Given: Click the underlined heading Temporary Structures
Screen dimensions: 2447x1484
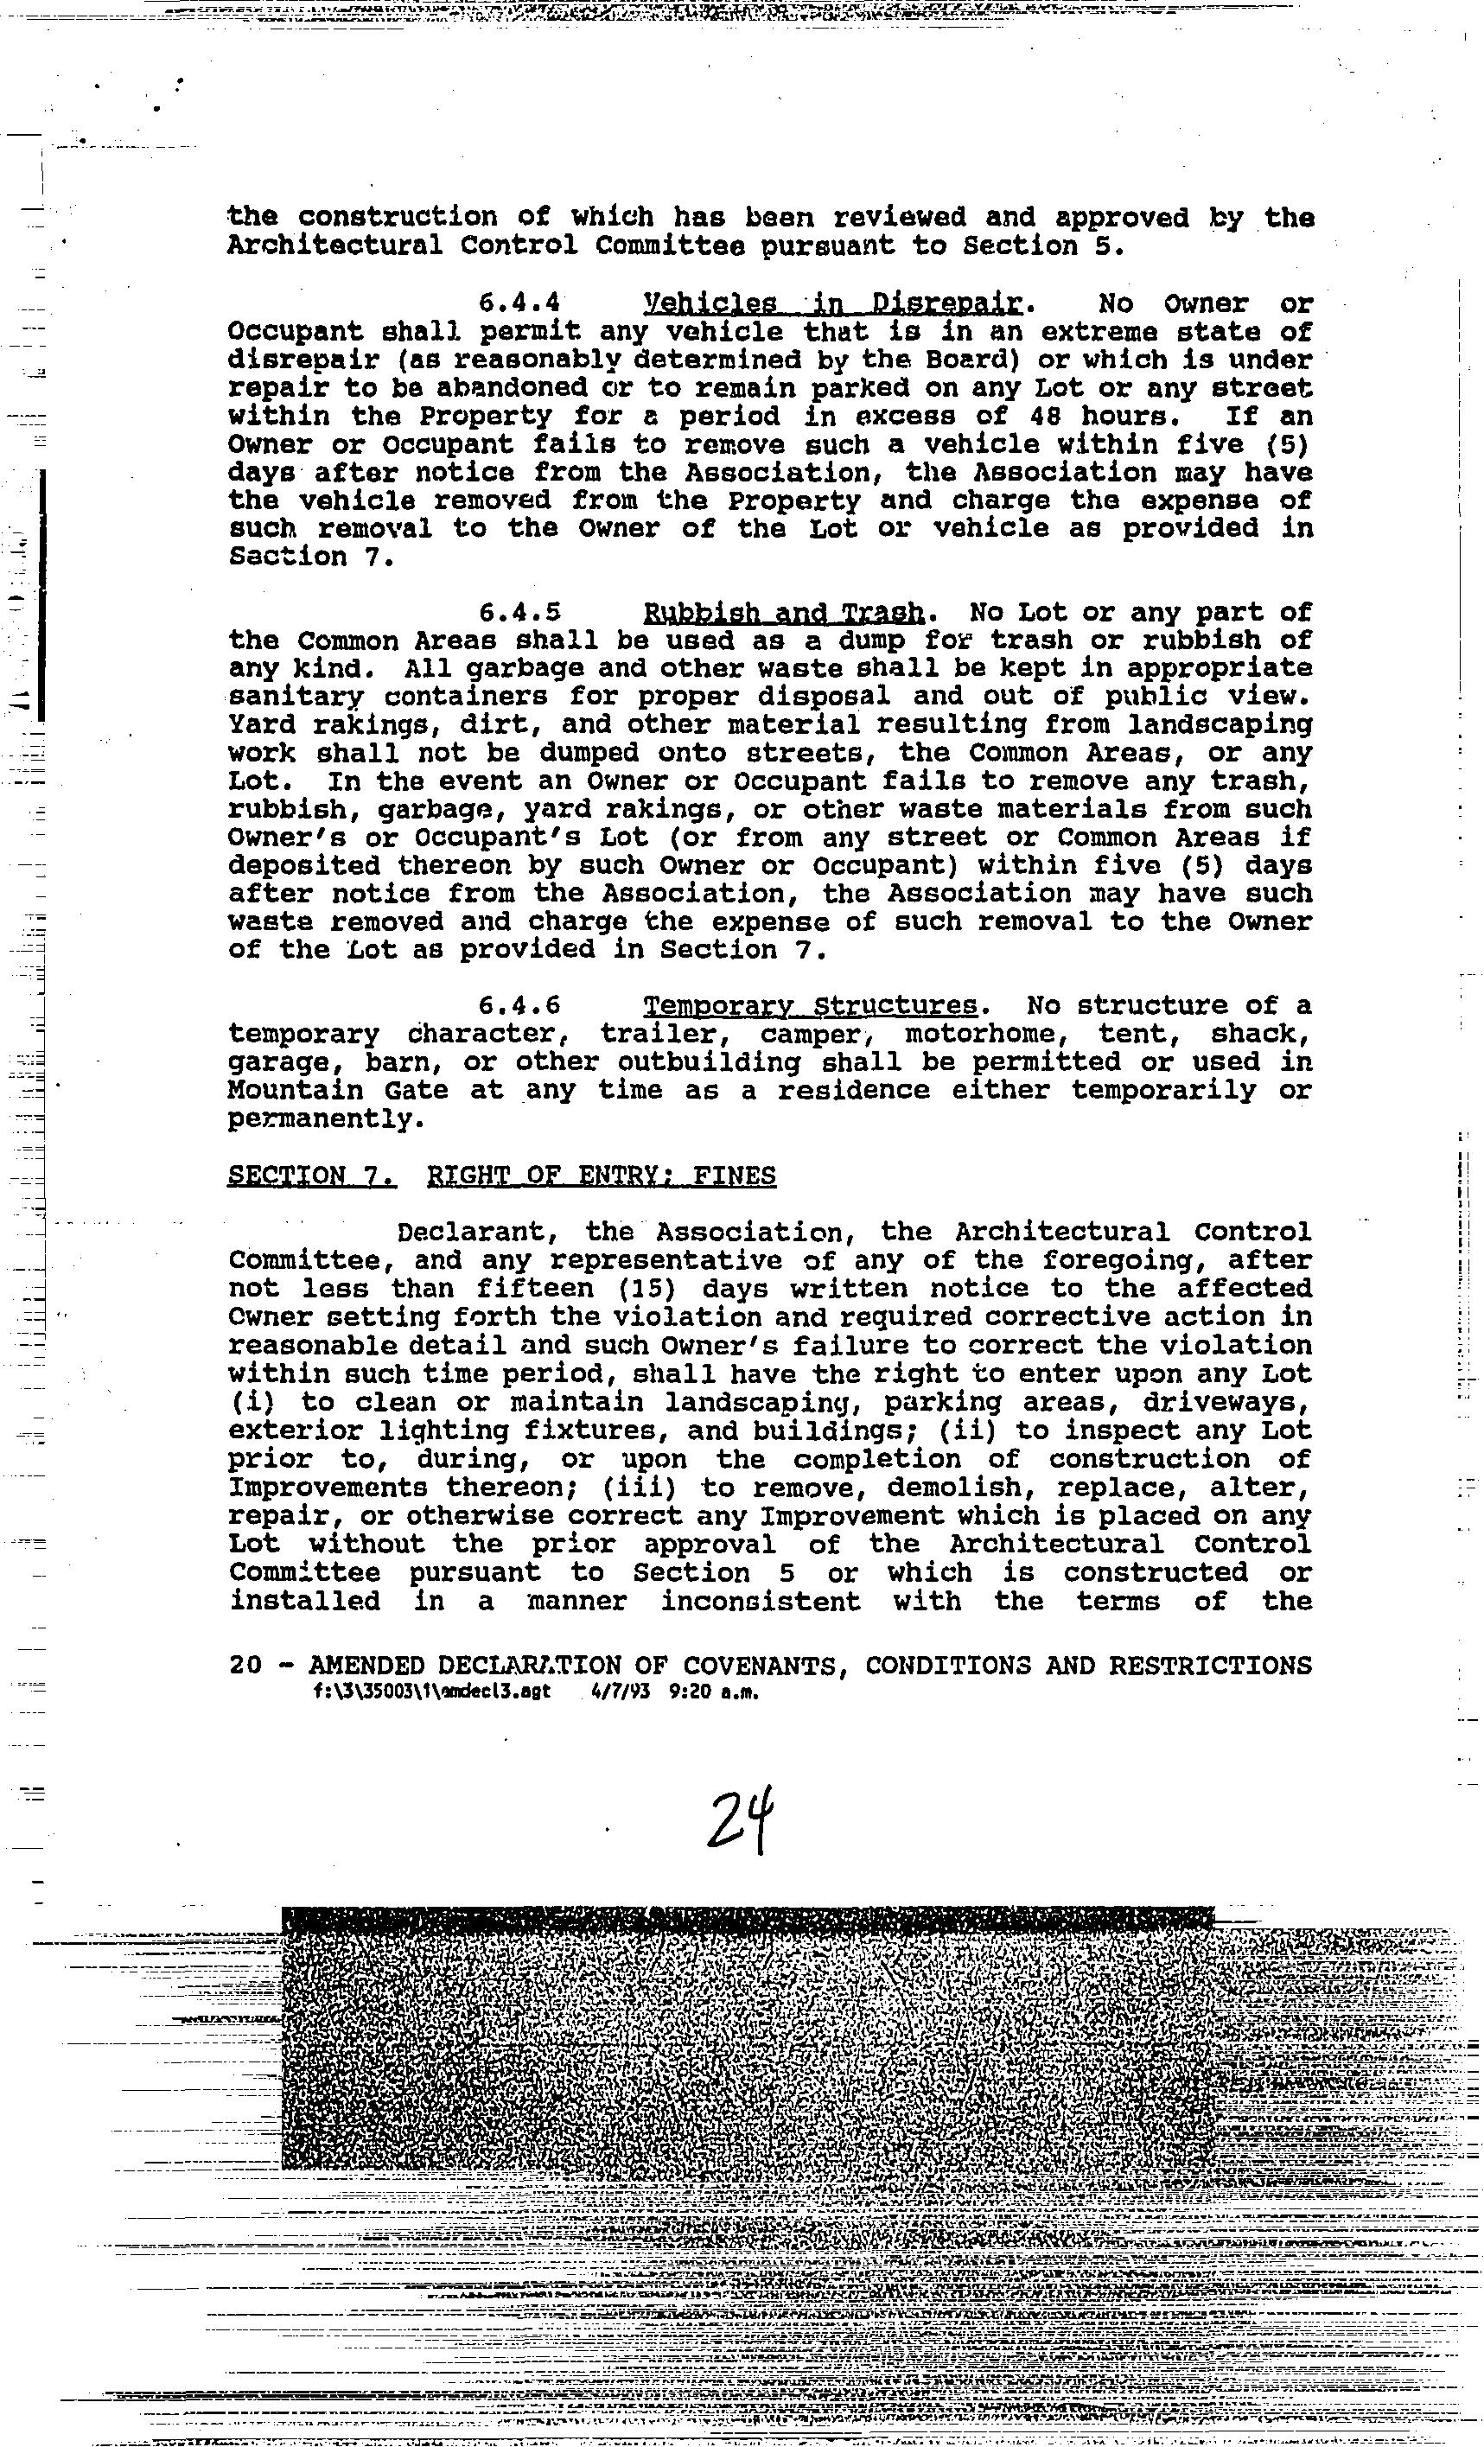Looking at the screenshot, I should (810, 1006).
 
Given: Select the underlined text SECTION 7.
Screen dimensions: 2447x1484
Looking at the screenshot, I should (311, 1176).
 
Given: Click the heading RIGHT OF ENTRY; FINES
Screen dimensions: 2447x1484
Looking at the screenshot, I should (601, 1176).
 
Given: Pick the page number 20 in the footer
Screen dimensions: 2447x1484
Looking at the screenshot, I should (245, 1666).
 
